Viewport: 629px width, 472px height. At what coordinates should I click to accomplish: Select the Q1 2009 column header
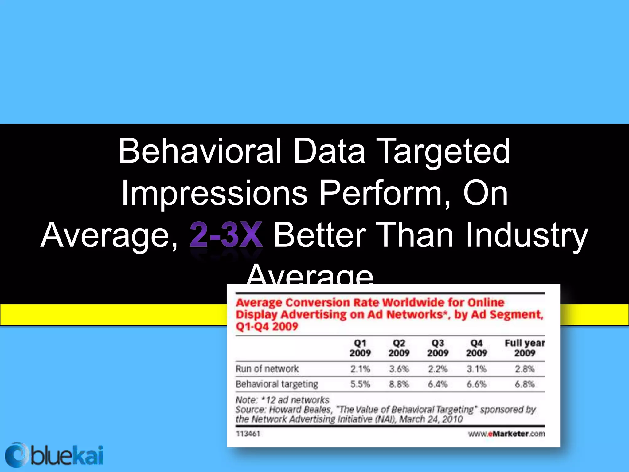360,348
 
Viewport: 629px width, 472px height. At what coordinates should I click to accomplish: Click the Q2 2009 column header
399,348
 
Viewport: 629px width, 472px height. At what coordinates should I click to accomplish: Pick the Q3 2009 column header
438,348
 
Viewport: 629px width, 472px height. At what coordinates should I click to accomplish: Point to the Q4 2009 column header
476,348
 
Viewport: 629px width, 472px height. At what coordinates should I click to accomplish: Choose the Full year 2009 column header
525,348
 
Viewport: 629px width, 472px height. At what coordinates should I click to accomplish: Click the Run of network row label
267,369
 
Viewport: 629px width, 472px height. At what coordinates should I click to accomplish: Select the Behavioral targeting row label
277,384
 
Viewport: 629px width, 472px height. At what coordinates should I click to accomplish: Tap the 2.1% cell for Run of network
360,369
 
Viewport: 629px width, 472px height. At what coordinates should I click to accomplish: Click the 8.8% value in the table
399,384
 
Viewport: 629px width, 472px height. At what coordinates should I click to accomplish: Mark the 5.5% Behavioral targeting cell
360,384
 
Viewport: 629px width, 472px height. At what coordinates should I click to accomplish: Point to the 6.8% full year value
525,384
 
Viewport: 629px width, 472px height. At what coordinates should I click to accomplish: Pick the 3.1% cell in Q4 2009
476,369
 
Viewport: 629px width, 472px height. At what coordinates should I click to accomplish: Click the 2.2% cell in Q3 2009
438,369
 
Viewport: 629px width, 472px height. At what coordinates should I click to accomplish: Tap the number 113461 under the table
248,434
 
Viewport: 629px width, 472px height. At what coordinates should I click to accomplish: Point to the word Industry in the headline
526,235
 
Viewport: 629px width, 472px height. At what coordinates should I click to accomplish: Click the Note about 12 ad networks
282,400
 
